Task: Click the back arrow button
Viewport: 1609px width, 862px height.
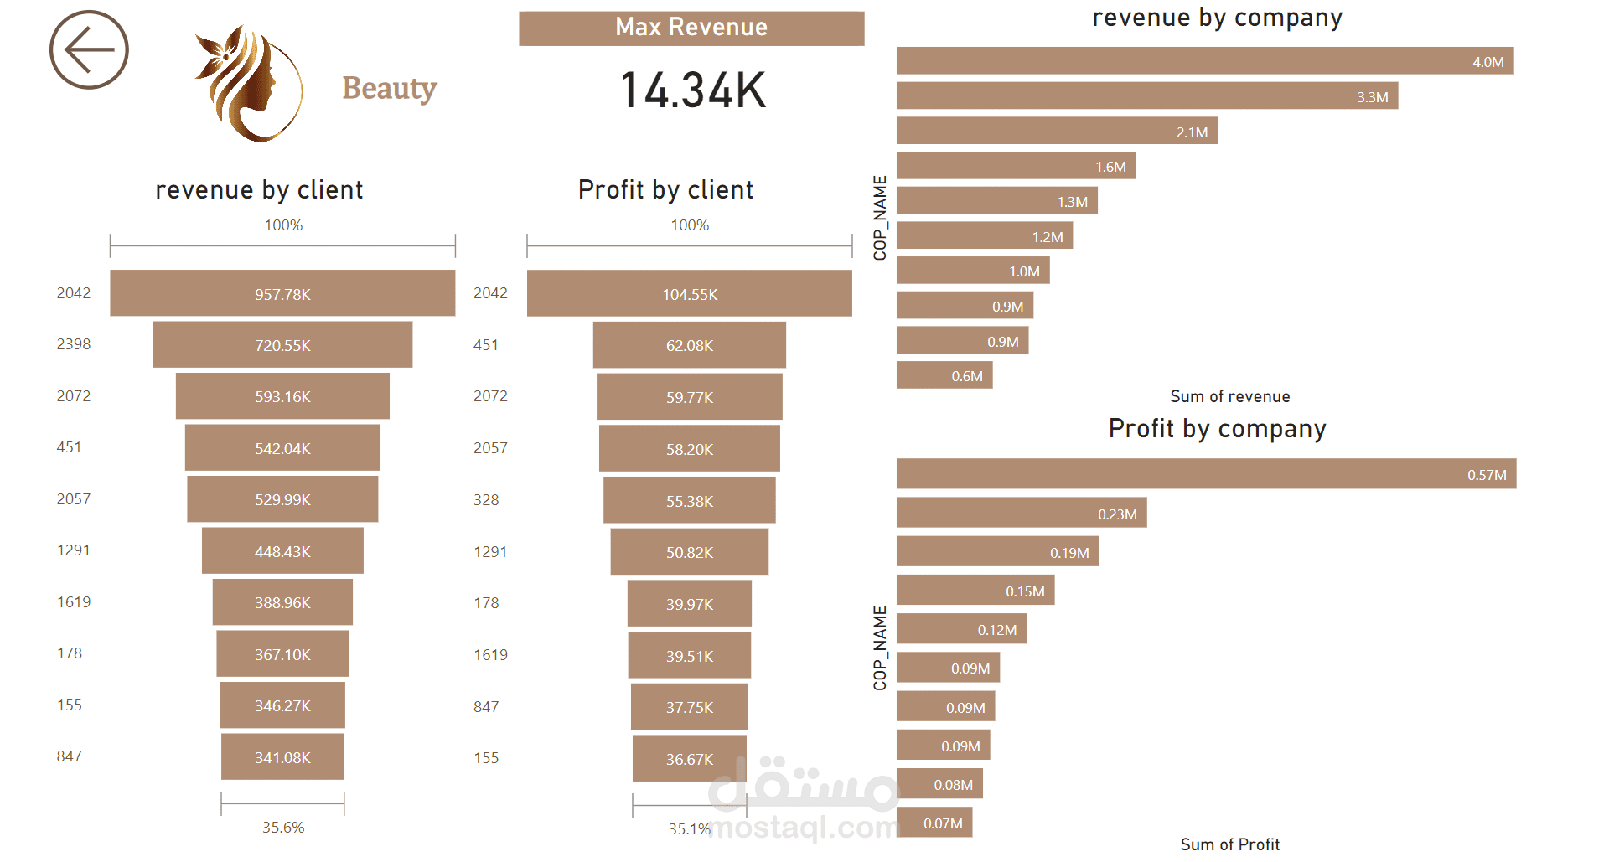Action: [x=89, y=50]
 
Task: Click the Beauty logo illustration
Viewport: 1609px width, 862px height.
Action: [x=249, y=84]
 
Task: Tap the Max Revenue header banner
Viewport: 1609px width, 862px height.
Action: [x=691, y=28]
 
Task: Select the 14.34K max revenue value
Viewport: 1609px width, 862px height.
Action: [x=693, y=90]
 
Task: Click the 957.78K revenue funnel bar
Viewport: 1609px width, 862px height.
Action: [x=282, y=293]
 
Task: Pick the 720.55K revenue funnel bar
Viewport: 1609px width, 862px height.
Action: [x=282, y=344]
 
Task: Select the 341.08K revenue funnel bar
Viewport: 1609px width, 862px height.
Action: [x=282, y=756]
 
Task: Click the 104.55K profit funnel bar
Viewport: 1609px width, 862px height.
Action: [x=689, y=293]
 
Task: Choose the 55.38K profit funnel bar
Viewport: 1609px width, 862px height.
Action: [x=689, y=500]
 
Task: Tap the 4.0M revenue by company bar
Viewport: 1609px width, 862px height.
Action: [x=1204, y=61]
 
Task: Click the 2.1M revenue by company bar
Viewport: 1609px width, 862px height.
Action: [x=1056, y=132]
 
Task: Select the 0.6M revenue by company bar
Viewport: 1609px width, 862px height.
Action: [x=944, y=375]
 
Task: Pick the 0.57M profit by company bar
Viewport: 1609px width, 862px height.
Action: [x=1206, y=474]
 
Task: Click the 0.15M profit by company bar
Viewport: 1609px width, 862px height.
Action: [x=975, y=591]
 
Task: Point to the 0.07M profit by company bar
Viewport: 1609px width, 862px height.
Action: [x=934, y=823]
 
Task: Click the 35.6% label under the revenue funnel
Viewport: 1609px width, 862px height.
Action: [x=283, y=828]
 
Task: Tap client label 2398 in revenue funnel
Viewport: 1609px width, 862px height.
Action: [x=74, y=344]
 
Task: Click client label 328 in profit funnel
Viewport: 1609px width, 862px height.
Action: [x=486, y=500]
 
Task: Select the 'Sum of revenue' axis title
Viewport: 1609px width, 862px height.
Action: [x=1229, y=396]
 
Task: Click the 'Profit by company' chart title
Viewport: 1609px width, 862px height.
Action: [x=1217, y=429]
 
